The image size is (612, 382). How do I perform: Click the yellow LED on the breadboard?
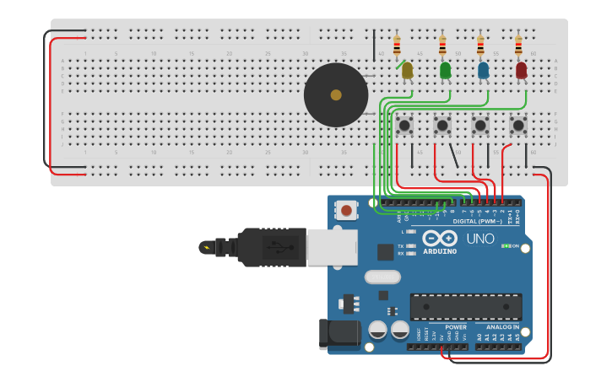[407, 71]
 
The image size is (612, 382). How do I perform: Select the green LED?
[445, 71]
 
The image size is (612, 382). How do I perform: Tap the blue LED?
[483, 71]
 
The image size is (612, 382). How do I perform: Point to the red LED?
[521, 71]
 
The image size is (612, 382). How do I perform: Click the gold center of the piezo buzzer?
[336, 94]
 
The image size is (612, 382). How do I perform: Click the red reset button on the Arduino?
[346, 209]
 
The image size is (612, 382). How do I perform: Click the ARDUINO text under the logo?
[440, 251]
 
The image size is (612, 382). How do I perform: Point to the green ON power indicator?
[511, 245]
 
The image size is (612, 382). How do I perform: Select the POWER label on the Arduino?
[455, 327]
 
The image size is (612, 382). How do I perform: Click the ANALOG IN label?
[503, 327]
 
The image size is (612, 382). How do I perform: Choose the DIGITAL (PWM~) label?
[478, 221]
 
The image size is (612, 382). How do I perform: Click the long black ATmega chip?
[465, 307]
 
